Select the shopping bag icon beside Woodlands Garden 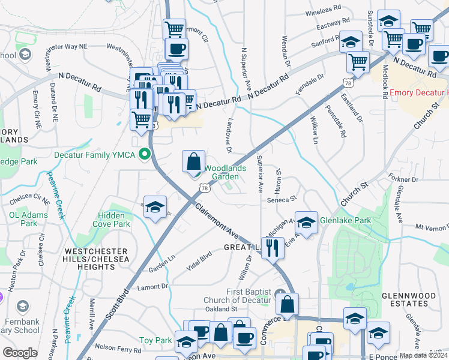193,161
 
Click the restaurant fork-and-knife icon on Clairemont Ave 273,247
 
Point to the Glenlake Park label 345,220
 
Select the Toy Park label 155,340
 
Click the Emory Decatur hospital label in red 418,92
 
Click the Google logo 20,352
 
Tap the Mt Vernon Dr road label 432,228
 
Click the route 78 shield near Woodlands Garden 205,188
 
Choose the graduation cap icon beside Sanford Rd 351,43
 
